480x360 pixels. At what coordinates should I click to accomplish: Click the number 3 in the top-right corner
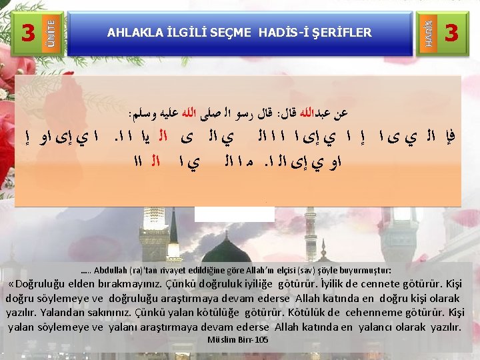point(451,31)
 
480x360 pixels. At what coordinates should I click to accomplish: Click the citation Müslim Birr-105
point(238,339)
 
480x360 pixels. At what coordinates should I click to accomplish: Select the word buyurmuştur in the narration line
point(366,271)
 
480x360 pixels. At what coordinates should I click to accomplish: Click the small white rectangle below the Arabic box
point(234,213)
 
